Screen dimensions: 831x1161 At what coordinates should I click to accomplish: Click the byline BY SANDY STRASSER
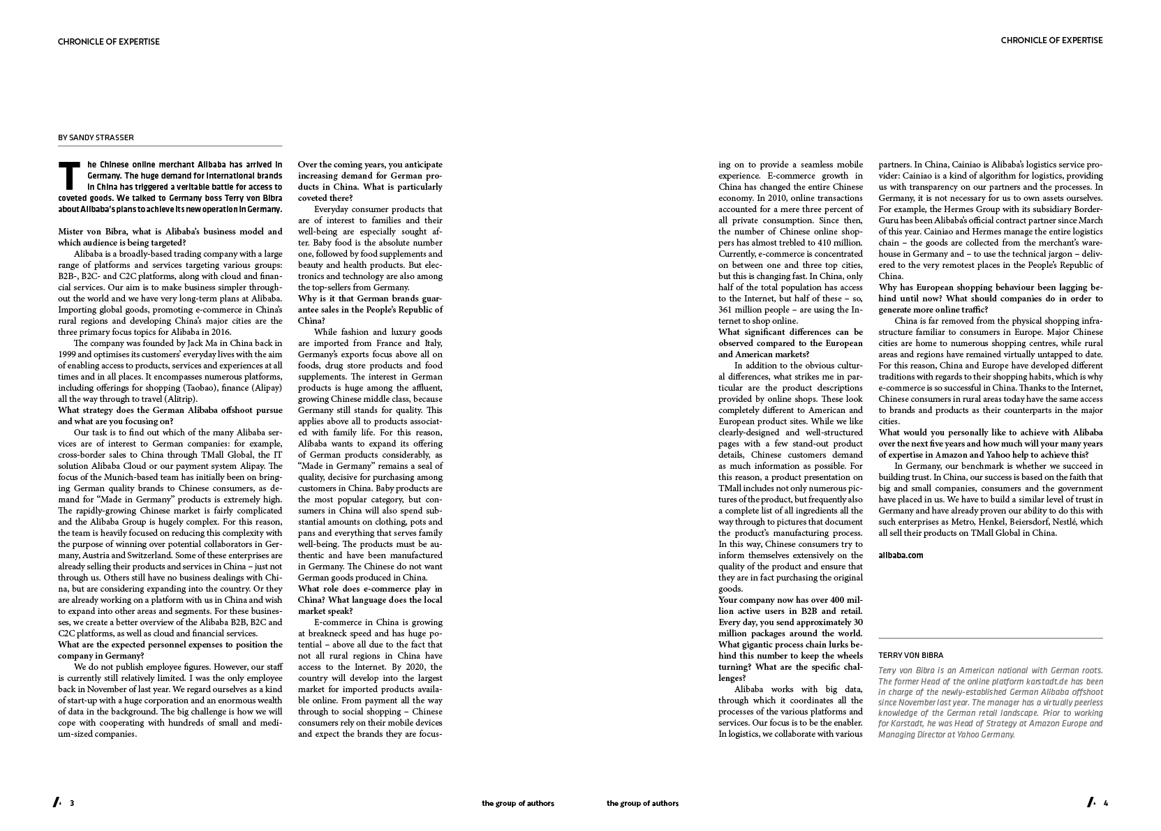pyautogui.click(x=96, y=137)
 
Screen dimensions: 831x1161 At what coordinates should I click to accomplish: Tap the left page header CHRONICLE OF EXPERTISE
pyautogui.click(x=109, y=42)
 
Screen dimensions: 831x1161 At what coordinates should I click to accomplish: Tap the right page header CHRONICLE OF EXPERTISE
pyautogui.click(x=1051, y=40)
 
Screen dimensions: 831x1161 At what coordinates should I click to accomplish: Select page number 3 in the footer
pyautogui.click(x=72, y=803)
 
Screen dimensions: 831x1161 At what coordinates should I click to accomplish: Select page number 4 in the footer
pyautogui.click(x=1106, y=802)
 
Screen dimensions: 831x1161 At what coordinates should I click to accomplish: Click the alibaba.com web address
pyautogui.click(x=901, y=555)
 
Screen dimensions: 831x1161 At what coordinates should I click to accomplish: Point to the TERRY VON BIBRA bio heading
pyautogui.click(x=910, y=655)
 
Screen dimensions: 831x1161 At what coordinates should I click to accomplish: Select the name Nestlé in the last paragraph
pyautogui.click(x=1059, y=522)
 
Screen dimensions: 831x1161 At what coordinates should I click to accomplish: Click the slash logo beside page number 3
pyautogui.click(x=57, y=802)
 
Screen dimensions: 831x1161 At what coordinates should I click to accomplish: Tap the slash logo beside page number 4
pyautogui.click(x=1091, y=802)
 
